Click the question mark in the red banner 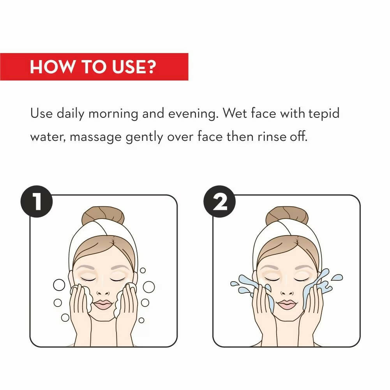(x=150, y=66)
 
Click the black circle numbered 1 (x=37, y=201)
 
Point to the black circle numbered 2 (x=219, y=201)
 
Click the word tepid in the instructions (x=324, y=114)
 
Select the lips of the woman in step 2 (x=287, y=304)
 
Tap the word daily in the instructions (x=71, y=114)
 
